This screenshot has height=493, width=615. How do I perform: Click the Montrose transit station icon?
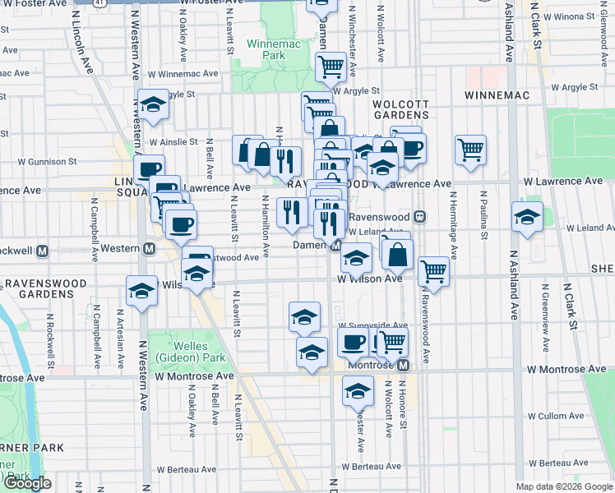pyautogui.click(x=404, y=364)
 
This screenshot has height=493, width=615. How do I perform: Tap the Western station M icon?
pyautogui.click(x=150, y=249)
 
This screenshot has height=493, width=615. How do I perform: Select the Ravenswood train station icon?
pyautogui.click(x=419, y=217)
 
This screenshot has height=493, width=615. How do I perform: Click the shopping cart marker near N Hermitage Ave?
pyautogui.click(x=471, y=150)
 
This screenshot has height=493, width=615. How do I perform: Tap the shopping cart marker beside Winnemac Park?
pyautogui.click(x=331, y=67)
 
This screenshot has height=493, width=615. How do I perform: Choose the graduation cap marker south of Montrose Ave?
pyautogui.click(x=358, y=391)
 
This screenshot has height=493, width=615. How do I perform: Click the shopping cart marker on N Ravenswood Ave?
pyautogui.click(x=433, y=271)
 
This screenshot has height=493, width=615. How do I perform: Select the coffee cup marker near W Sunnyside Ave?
pyautogui.click(x=353, y=341)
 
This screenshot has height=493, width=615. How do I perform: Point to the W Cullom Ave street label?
pyautogui.click(x=554, y=417)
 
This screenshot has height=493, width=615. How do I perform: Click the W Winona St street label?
pyautogui.click(x=576, y=16)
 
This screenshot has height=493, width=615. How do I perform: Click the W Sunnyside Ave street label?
pyautogui.click(x=372, y=325)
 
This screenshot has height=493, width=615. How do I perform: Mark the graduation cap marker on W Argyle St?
pyautogui.click(x=153, y=104)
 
